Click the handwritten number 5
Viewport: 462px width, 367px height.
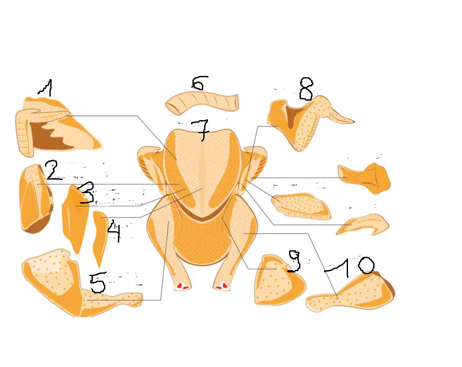(x=98, y=283)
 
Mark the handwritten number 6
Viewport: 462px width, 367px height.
(x=199, y=83)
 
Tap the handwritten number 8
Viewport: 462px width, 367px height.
(x=306, y=89)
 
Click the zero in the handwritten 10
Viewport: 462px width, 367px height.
(x=366, y=265)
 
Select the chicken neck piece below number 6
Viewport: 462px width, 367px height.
(x=202, y=102)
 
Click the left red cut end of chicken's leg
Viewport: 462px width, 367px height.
(x=182, y=286)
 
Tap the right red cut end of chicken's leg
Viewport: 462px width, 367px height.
(x=221, y=285)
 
